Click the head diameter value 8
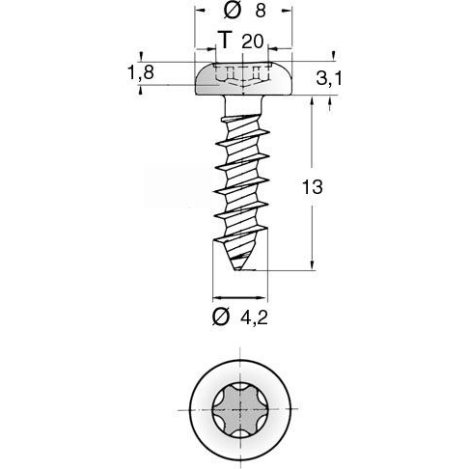point(261,11)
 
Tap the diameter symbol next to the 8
point(232,11)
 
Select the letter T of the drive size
point(225,40)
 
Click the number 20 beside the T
point(253,41)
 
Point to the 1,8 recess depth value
point(141,72)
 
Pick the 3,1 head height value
point(329,78)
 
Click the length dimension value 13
point(312,187)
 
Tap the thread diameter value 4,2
point(254,318)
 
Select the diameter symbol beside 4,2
point(221,317)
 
